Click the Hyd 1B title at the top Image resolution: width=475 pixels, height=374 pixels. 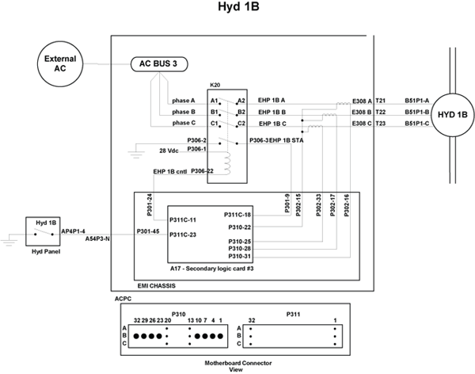(x=237, y=9)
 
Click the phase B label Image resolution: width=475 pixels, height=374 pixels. (x=184, y=112)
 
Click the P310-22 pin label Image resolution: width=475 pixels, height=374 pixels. (x=238, y=227)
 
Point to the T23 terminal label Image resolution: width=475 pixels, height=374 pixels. (x=381, y=124)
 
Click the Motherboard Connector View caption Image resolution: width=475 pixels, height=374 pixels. (x=236, y=365)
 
